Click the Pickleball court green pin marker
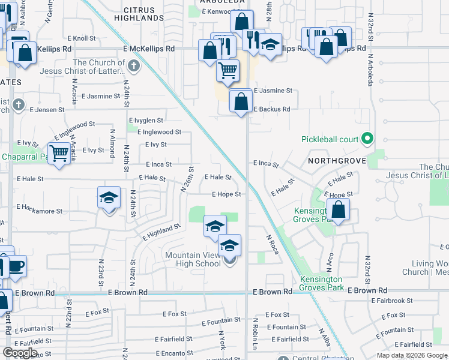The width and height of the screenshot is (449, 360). [x=367, y=139]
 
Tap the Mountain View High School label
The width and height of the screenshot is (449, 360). [x=193, y=260]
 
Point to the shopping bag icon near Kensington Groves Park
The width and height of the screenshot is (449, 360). [x=339, y=210]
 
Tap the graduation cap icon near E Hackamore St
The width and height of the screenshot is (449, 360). [x=109, y=197]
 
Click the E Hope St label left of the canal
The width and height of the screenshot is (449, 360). [x=226, y=194]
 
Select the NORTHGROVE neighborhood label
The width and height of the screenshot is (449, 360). [x=333, y=161]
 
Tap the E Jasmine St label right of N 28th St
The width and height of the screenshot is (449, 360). [x=273, y=91]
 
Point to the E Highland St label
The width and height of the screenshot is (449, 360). [x=161, y=232]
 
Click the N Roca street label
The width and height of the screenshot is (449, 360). [x=273, y=244]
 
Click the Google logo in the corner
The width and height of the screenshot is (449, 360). [x=20, y=353]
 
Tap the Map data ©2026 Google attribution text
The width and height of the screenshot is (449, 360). [x=412, y=355]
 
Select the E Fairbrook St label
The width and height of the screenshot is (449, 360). [x=392, y=301]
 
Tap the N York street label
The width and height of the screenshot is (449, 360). [x=221, y=340]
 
